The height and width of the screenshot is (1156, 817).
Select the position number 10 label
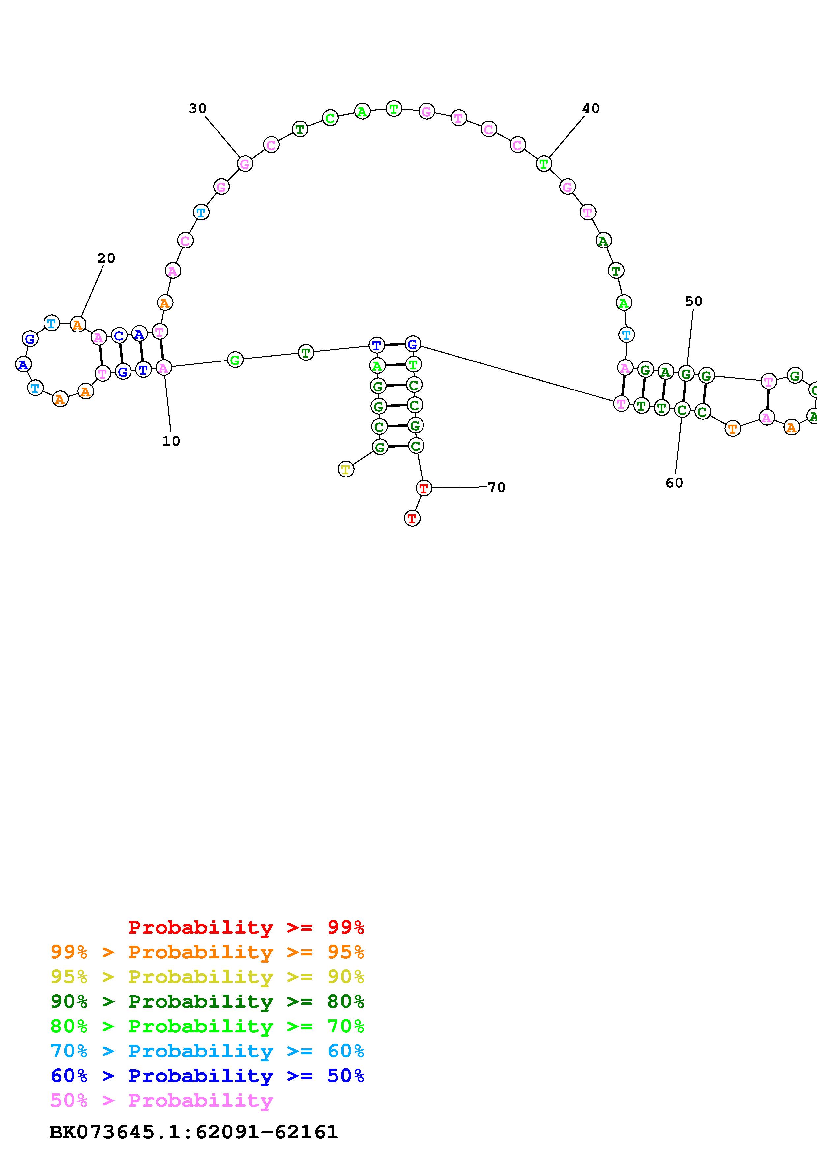pos(171,441)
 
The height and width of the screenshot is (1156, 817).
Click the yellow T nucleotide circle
pos(346,469)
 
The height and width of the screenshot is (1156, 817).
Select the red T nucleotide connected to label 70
pos(424,488)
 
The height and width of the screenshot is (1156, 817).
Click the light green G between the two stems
pos(235,360)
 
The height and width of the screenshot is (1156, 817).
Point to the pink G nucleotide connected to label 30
pos(245,164)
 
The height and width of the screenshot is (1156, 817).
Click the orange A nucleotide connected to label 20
pos(77,324)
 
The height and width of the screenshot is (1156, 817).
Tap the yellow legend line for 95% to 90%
pos(207,976)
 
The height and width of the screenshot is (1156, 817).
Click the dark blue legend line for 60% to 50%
pos(207,1076)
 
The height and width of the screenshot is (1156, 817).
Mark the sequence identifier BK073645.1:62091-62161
pos(193,1132)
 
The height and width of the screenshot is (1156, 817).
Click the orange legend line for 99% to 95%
pos(207,952)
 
